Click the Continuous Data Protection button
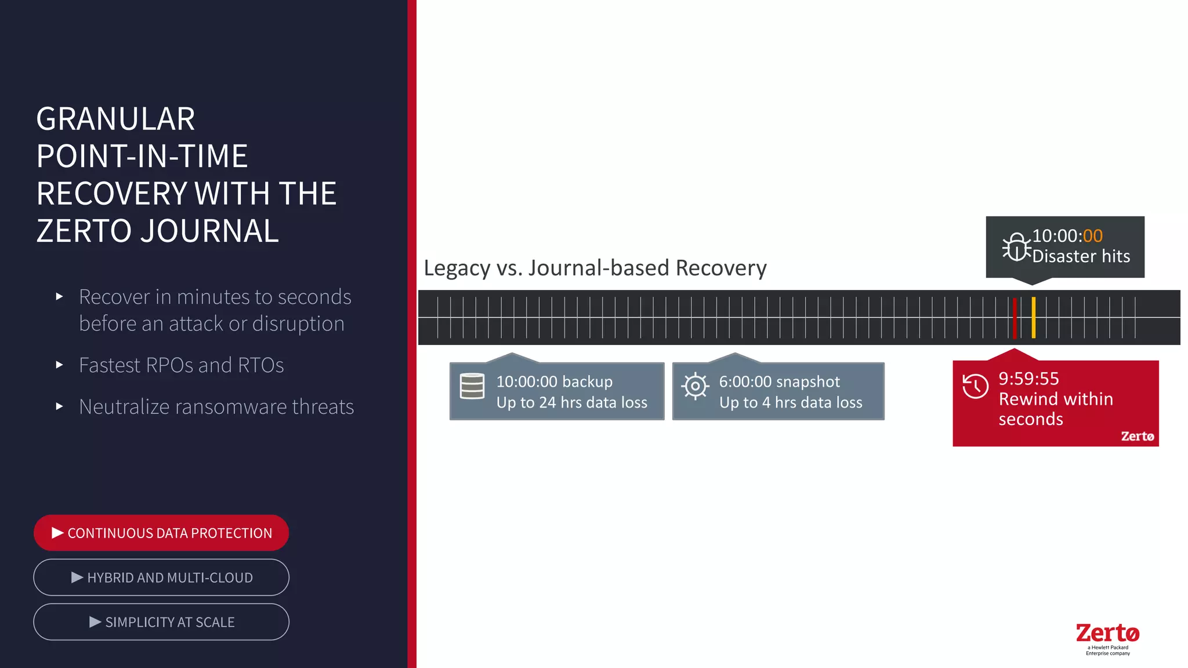tap(161, 533)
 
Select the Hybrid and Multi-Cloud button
tap(161, 578)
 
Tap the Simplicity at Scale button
tap(161, 622)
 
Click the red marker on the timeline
tap(1015, 318)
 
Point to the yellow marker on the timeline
tap(1034, 318)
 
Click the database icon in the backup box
tap(472, 386)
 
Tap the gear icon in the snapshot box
tap(695, 386)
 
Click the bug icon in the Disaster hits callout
tap(1016, 248)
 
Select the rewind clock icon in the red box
tap(975, 386)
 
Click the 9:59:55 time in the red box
tap(1028, 379)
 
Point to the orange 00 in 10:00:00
tap(1092, 236)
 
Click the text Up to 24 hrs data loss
tap(571, 402)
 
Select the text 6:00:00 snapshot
tap(779, 382)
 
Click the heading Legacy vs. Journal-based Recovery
tap(595, 268)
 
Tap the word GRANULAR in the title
tap(115, 119)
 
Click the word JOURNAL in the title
tap(209, 231)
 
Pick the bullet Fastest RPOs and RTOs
tap(181, 365)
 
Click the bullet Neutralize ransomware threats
tap(216, 407)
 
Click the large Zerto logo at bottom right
tap(1107, 633)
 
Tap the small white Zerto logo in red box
tap(1137, 436)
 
